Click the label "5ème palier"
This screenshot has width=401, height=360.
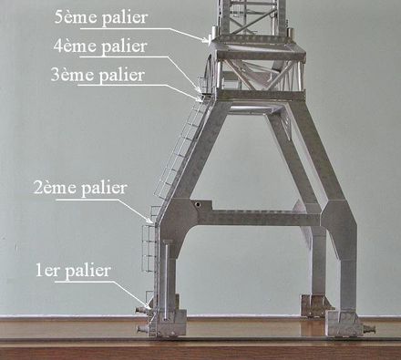101,17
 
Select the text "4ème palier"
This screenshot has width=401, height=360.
100,46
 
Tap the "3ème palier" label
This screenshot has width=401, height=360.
98,75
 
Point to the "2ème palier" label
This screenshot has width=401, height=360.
80,188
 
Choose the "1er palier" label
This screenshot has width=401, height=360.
73,271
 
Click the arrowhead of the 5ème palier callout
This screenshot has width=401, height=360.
206,40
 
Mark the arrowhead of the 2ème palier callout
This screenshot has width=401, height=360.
151,221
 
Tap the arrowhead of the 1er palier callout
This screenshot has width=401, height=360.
149,307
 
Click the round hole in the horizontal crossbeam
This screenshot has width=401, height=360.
198,204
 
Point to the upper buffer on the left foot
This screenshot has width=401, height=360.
141,310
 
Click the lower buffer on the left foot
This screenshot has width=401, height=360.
143,329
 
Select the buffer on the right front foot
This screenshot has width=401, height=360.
369,329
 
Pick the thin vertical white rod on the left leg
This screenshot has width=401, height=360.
166,280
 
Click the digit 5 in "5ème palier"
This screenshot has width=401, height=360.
58,17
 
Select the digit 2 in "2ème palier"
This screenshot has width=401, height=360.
37,188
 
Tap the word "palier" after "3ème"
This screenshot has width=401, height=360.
122,76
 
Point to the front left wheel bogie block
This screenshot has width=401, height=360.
168,323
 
